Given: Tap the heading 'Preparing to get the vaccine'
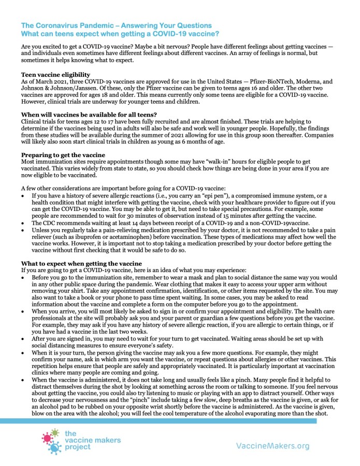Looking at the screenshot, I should point(63,154).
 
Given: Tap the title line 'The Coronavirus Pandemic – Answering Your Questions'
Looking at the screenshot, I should point(117,25).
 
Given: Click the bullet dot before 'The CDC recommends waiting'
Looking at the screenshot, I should point(24,222).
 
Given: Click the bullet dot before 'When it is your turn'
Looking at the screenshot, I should point(24,351).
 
